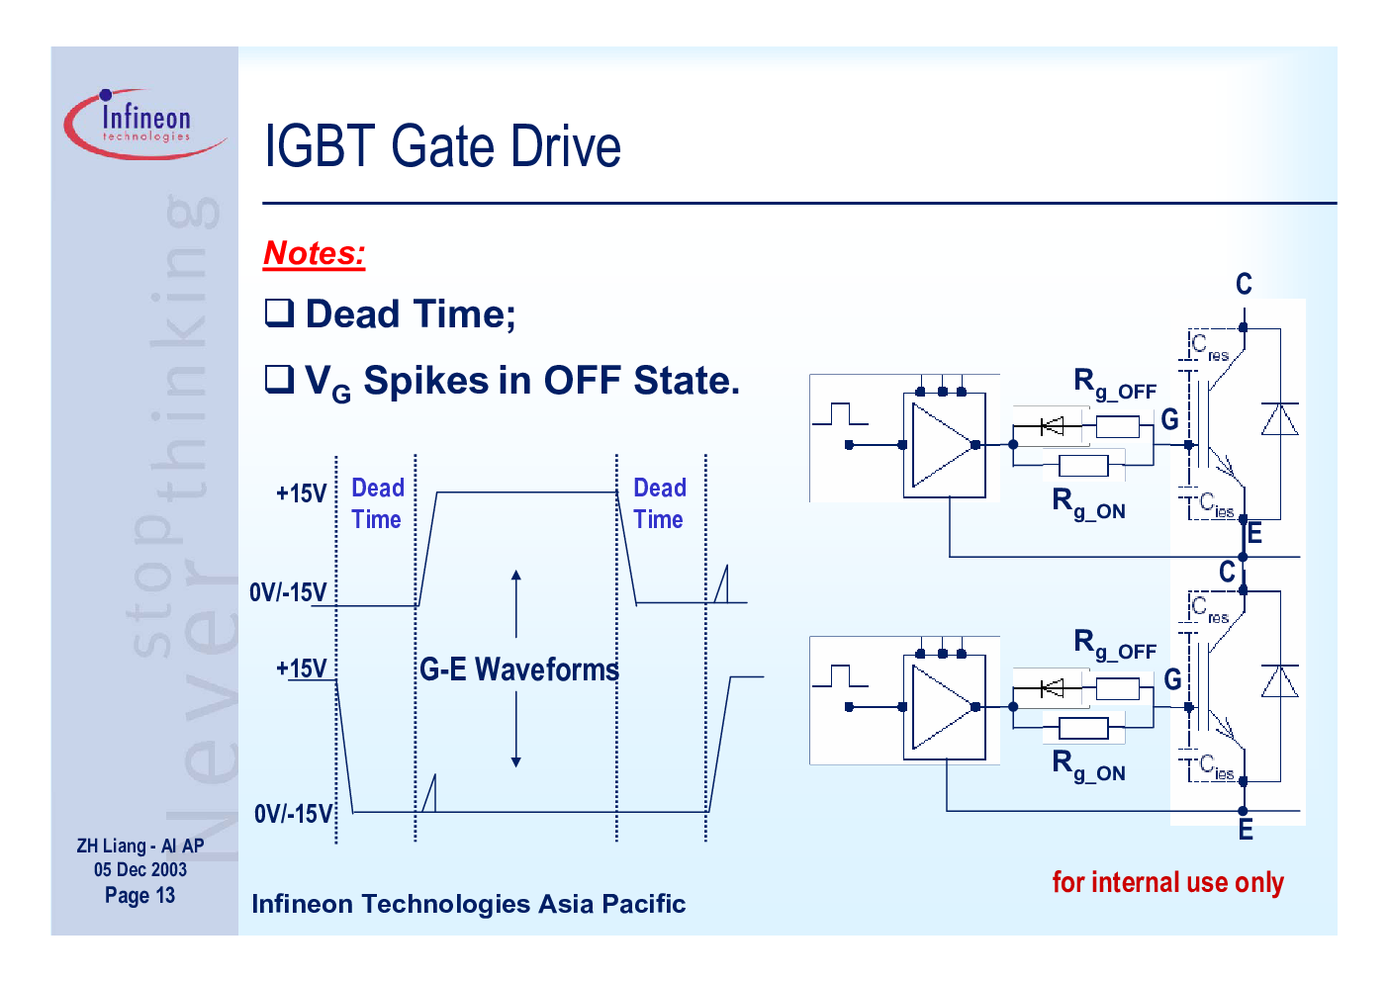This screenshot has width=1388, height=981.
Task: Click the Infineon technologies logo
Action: coord(145,124)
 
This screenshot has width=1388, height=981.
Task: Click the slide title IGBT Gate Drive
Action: coord(442,145)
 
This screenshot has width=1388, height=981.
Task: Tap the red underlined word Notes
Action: coord(314,253)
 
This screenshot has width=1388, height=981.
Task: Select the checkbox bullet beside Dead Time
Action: coord(279,312)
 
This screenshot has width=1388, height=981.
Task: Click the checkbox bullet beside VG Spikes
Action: coord(279,379)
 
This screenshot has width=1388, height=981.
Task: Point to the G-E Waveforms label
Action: coord(519,669)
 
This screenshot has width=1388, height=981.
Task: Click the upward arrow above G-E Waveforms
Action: coord(516,604)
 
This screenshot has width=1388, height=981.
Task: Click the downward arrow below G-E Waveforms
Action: coord(516,731)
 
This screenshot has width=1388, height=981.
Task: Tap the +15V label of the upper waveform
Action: coord(301,493)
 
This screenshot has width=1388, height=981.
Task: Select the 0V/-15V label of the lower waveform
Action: coord(293,813)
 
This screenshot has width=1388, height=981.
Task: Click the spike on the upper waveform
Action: coord(721,583)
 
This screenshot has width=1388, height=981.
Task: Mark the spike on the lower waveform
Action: coord(428,793)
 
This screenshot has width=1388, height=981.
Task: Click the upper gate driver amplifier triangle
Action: coord(942,445)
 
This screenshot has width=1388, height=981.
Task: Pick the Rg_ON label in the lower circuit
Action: coord(1088,764)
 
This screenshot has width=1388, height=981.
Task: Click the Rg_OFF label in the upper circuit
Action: coord(1115,384)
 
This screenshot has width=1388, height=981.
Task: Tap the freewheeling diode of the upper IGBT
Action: coord(1280,419)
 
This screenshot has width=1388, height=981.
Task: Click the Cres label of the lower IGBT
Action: coord(1210,609)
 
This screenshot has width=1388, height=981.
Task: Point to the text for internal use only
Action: coord(1168,882)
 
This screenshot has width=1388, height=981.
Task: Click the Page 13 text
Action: coord(140,895)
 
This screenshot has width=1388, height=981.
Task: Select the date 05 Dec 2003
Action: coord(140,869)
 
